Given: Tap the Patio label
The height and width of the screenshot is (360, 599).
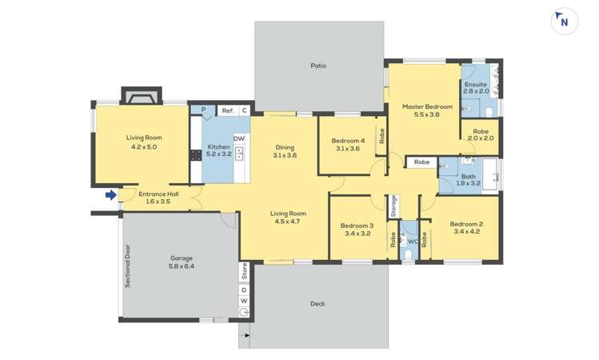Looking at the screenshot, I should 318,66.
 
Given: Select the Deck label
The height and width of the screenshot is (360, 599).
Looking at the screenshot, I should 317,303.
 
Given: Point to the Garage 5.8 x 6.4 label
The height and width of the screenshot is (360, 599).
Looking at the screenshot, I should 182,262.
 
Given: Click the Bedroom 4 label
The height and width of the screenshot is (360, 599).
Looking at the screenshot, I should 348,144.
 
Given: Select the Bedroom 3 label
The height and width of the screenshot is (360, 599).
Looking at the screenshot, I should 357,230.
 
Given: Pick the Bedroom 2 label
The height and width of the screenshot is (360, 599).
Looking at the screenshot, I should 465,228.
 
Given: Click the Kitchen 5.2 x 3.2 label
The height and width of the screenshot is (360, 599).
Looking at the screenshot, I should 219,151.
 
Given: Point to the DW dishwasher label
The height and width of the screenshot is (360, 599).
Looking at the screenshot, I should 238,139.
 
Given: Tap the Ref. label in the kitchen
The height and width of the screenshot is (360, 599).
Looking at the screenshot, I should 227,110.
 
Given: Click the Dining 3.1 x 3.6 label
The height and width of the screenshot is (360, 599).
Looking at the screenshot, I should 285,151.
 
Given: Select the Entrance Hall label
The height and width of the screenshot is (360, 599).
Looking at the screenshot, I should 158,198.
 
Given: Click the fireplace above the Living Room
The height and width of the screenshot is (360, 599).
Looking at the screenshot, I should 142,96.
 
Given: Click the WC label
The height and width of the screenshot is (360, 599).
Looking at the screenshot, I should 413,240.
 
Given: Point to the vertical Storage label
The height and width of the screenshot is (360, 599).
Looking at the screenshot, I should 393,206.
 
